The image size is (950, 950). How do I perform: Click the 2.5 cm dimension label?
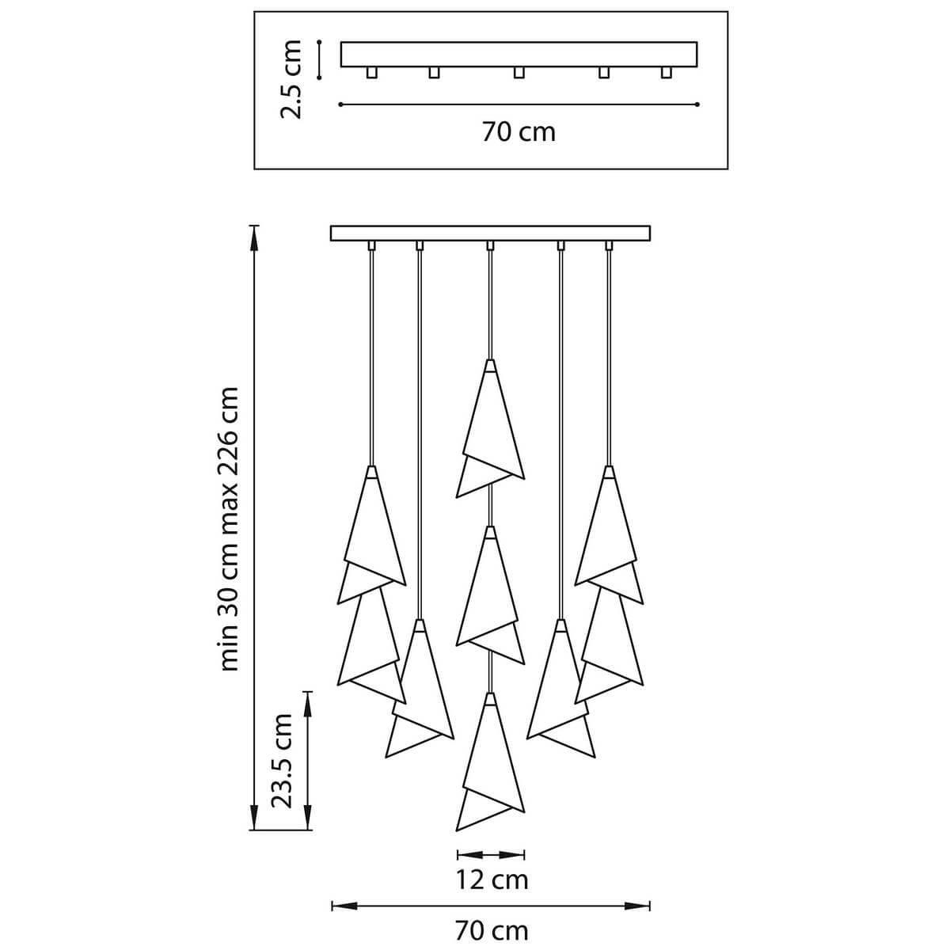click(291, 79)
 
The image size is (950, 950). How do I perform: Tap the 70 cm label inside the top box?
click(519, 132)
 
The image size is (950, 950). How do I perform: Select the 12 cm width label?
click(492, 880)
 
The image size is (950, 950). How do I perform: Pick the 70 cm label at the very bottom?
click(492, 931)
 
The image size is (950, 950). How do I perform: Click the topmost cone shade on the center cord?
click(490, 429)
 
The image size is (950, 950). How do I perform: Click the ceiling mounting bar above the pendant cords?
click(490, 234)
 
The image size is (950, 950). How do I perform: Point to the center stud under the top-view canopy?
click(519, 73)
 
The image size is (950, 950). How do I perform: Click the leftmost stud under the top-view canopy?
click(372, 73)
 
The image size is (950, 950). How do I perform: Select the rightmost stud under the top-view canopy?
click(666, 73)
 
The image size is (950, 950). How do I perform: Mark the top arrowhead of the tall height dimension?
click(254, 237)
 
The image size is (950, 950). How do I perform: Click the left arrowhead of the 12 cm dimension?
click(469, 854)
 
